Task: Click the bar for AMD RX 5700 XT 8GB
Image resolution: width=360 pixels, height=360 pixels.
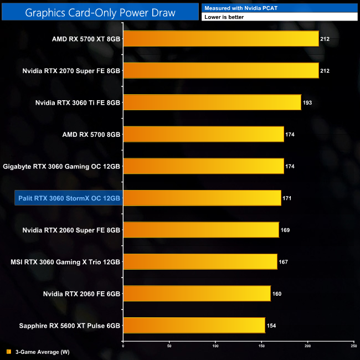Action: (220, 39)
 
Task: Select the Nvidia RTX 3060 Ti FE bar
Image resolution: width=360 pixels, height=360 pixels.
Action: (212, 102)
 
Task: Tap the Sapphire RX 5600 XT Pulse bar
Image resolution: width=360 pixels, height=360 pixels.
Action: (194, 326)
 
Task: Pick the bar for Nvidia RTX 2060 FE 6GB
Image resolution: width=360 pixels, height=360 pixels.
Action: (197, 294)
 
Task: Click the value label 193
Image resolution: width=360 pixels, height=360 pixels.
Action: (307, 102)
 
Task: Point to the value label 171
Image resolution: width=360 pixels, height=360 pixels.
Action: (287, 198)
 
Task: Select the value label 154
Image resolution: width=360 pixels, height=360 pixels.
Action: (271, 326)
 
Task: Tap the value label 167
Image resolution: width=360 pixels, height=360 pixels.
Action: (284, 262)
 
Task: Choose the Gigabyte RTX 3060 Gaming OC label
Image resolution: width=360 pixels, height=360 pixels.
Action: (61, 166)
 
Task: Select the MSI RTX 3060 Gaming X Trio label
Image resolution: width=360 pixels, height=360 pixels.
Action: (65, 262)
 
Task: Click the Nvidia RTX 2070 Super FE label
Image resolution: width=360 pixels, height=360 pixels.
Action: (71, 71)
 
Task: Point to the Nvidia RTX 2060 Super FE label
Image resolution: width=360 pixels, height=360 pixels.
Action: (71, 230)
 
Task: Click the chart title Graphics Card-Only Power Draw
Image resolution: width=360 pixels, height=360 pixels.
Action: (100, 12)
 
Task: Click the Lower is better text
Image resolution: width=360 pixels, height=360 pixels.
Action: (224, 17)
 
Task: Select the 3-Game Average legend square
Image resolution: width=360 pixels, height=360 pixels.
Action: (8, 352)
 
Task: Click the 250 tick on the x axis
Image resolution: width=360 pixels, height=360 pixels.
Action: (353, 346)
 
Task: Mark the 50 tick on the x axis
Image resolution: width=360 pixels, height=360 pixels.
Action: (169, 346)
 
